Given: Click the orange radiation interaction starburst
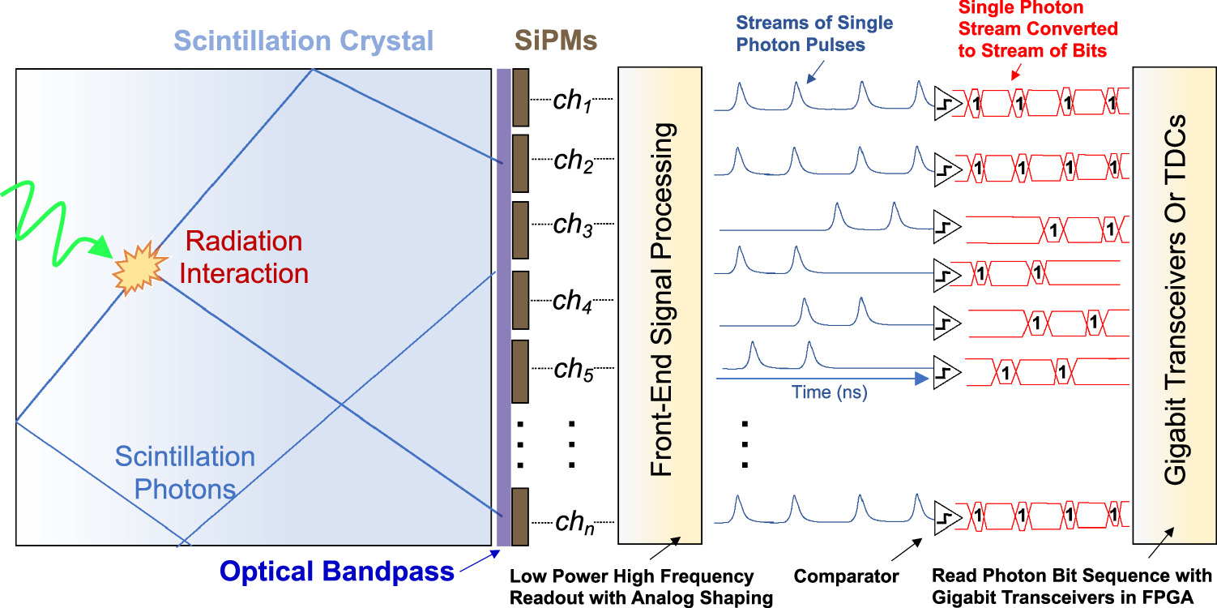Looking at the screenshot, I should click(136, 270).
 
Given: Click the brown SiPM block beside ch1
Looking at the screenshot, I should click(520, 97).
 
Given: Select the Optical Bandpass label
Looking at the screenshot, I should click(338, 572).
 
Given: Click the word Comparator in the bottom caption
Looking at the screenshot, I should click(847, 577).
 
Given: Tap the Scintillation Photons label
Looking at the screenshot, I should click(186, 473).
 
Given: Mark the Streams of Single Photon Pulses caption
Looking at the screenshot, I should click(814, 34).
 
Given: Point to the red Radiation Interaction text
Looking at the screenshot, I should click(244, 257).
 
